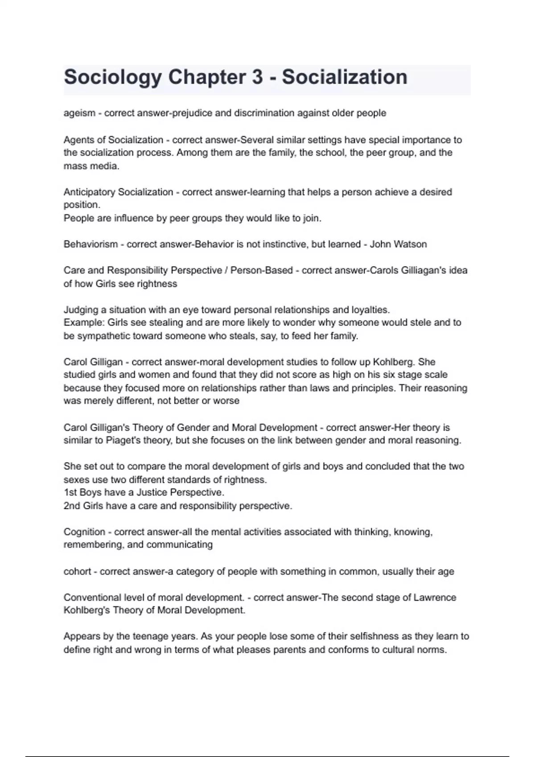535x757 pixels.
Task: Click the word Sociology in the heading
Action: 112,77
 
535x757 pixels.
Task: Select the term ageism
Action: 79,113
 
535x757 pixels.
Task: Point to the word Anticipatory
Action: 88,192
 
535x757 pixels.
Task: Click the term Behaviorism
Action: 91,244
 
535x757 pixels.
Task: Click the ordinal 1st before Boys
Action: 70,492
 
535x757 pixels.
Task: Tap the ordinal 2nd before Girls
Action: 71,506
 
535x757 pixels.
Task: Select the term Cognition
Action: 84,532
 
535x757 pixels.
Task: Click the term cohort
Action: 77,571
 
